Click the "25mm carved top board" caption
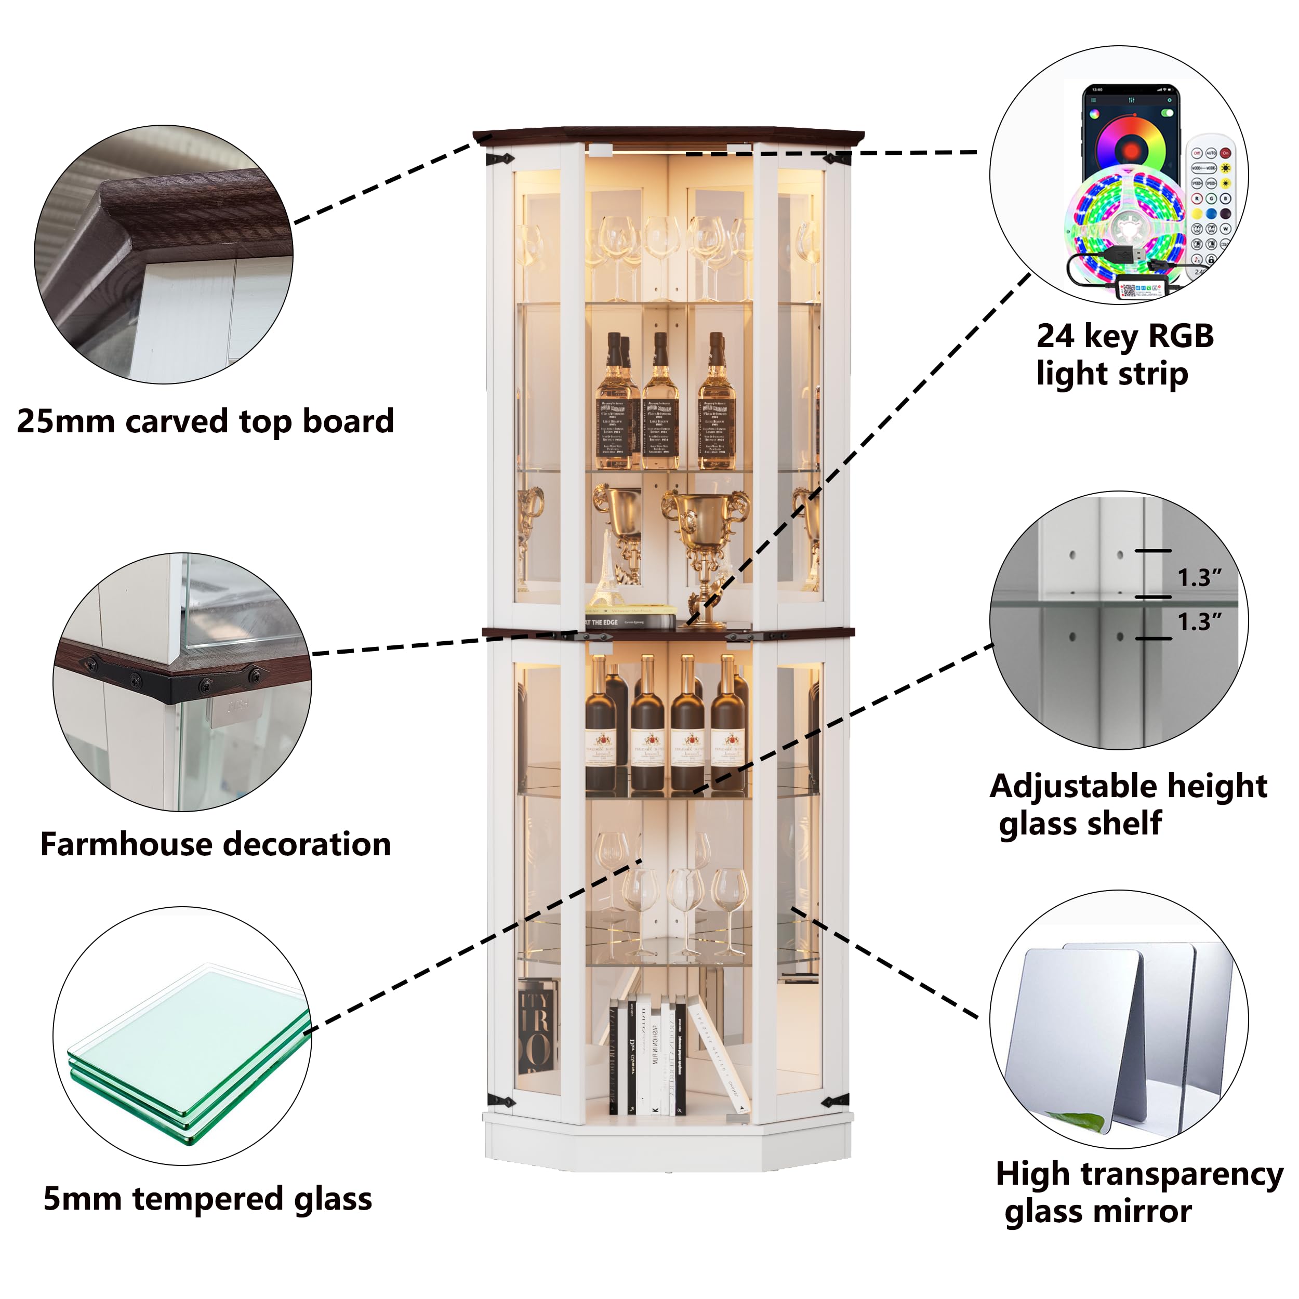coord(205,421)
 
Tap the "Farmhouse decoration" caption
coord(215,844)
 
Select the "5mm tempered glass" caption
coord(207,1199)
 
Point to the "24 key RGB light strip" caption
coord(1124,354)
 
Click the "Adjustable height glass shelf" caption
coord(1128,804)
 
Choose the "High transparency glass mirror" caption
coord(1138,1192)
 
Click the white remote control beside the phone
coord(1211,202)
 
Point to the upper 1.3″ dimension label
coord(1199,577)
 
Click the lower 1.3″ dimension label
coord(1199,621)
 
